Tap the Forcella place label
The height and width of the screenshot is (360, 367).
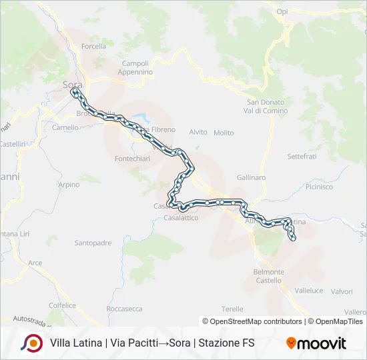point(93,46)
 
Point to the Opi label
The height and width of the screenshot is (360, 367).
point(282,12)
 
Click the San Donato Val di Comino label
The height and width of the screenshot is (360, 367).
point(266,106)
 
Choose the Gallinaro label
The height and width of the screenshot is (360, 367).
point(251,177)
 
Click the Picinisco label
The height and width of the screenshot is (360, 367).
point(319,187)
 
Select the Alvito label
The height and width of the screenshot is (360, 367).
point(198,132)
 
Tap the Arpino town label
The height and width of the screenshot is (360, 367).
point(69,185)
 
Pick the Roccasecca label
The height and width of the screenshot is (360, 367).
point(124,309)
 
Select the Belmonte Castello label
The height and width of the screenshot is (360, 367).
point(268,276)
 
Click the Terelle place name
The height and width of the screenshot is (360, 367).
point(232,309)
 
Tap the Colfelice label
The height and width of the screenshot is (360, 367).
point(62,304)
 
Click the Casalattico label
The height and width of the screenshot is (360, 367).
point(181,218)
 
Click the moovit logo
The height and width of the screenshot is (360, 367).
point(316,343)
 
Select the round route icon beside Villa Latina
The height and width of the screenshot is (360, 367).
point(31,343)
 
